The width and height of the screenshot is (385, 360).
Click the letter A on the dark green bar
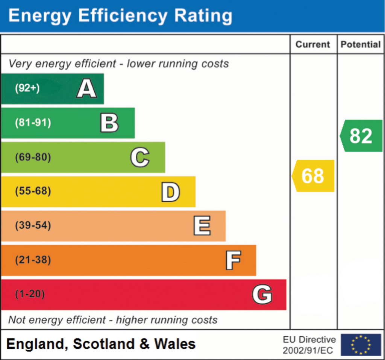point(86,89)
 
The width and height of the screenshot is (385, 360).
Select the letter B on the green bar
point(109,123)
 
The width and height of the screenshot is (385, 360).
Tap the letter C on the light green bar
point(140,157)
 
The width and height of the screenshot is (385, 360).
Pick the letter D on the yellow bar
point(170,192)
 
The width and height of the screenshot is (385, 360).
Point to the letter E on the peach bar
point(202,226)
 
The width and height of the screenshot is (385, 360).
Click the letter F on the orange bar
point(233,260)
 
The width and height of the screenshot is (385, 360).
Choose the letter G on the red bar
point(262,295)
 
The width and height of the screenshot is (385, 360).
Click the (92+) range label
point(27,89)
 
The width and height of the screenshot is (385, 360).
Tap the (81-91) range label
point(33,123)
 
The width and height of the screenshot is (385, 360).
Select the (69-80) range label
point(33,157)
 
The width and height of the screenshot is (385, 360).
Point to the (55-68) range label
point(33,192)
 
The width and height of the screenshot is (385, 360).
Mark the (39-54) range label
point(33,226)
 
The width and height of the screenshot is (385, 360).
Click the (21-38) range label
point(33,260)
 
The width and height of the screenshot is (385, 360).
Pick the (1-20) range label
point(30,294)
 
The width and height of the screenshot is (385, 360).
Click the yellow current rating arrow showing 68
point(314,176)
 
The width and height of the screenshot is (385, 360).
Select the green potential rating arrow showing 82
point(361,136)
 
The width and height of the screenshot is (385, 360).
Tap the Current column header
point(313,44)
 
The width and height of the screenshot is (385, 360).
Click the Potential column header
point(361,44)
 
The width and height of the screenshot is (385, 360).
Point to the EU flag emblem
point(361,345)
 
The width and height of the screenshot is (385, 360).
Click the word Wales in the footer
point(175,344)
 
